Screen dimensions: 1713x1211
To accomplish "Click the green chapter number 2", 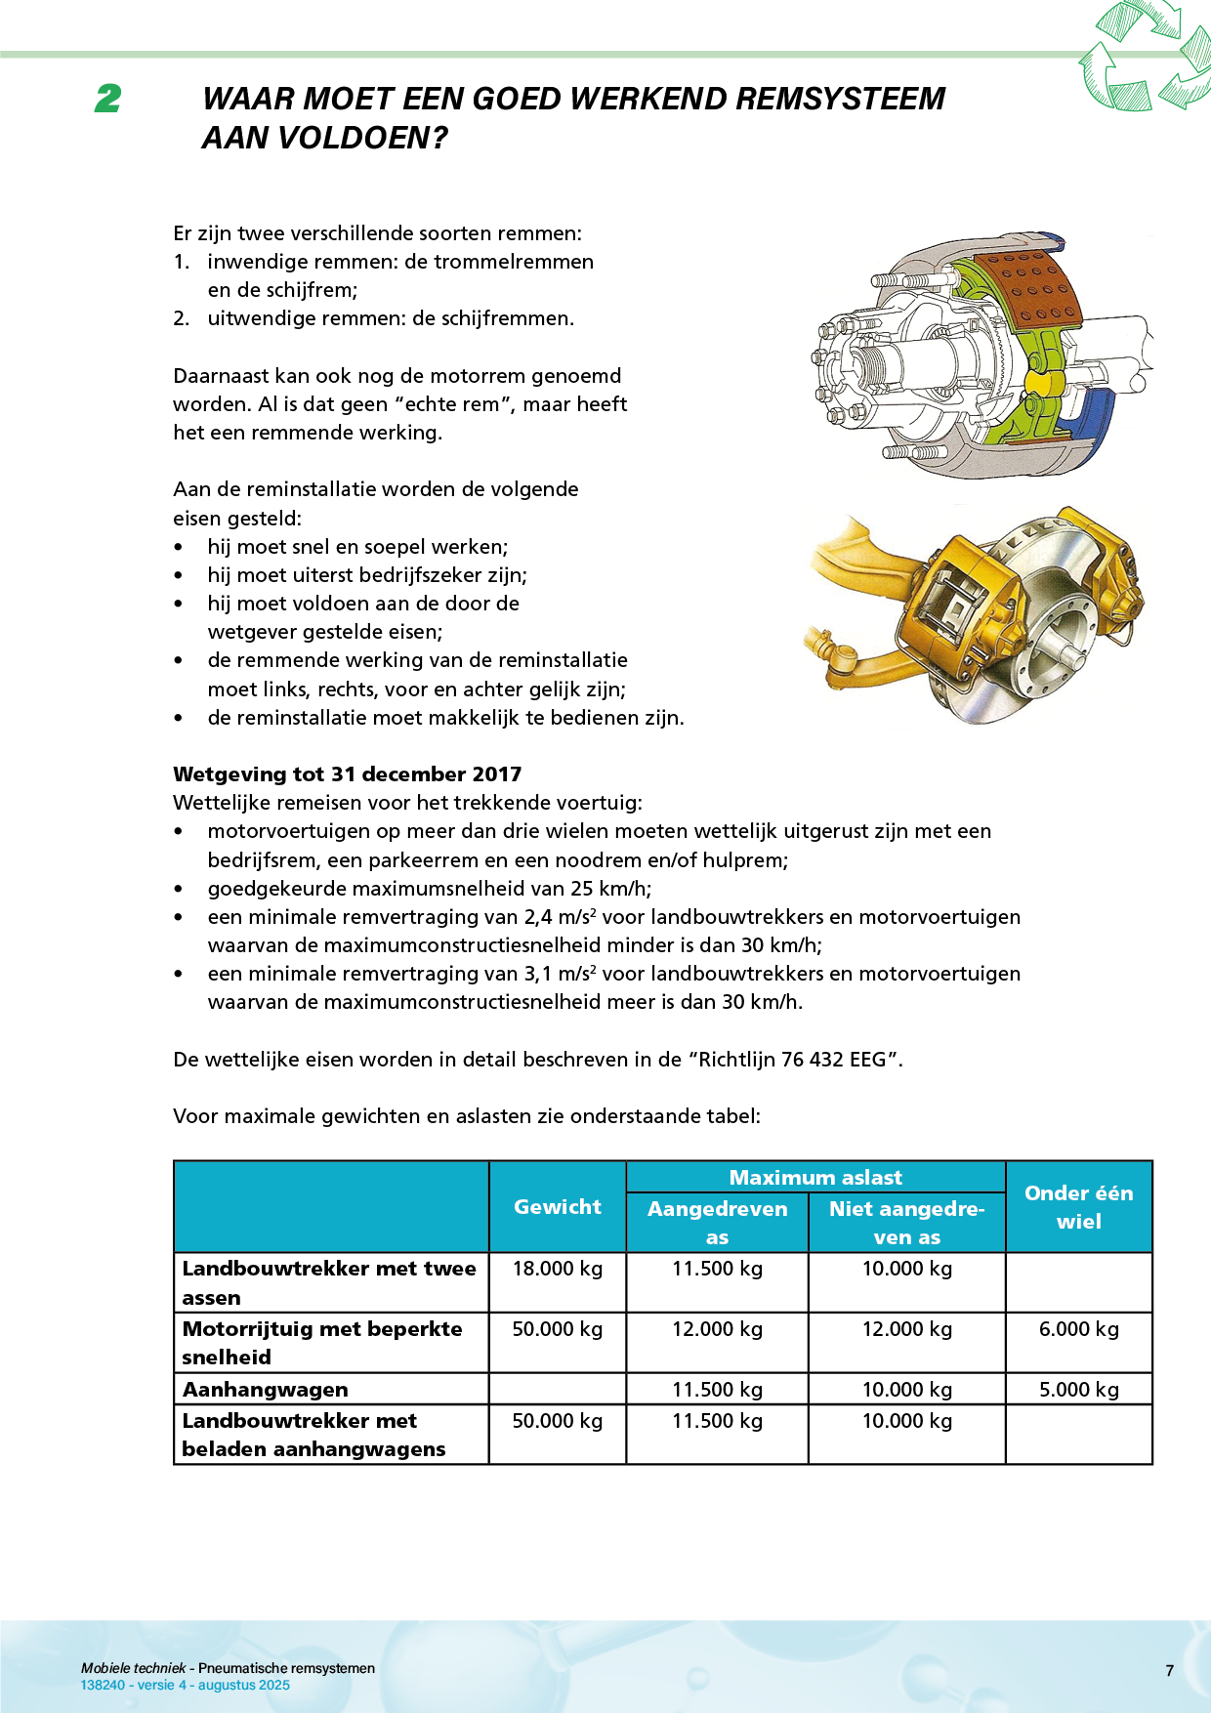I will coord(108,99).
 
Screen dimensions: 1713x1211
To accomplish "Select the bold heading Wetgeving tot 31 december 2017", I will coord(347,774).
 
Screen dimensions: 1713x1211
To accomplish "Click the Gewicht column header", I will coord(558,1207).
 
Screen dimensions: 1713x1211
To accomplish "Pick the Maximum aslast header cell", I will coord(815,1177).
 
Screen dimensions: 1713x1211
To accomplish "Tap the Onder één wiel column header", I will coord(1078,1207).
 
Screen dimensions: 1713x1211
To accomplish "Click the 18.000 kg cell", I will coord(558,1269).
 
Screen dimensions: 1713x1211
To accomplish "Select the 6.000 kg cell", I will coord(1078,1329).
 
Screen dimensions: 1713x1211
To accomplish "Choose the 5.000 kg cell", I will coord(1078,1390).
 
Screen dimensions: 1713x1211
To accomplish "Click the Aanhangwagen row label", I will coord(266,1390).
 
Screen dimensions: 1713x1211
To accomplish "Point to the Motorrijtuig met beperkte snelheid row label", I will coord(322,1343).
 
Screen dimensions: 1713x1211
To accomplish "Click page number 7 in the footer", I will coord(1169,1671).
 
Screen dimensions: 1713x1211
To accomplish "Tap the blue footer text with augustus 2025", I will coord(186,1686).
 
